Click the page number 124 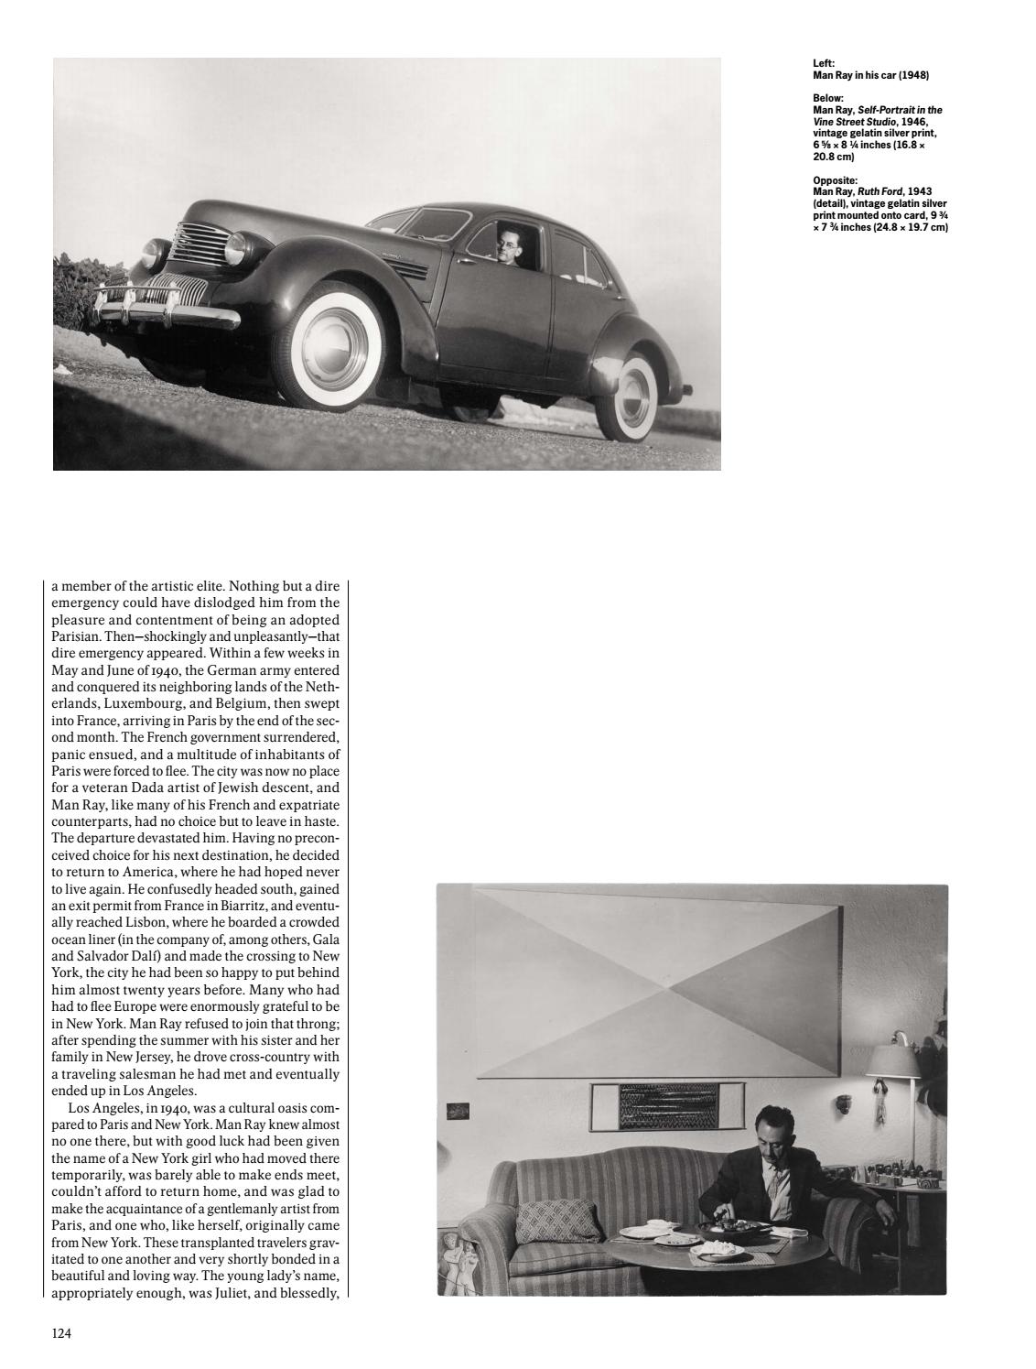(x=61, y=1333)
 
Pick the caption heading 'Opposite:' (x=835, y=180)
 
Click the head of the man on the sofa (x=770, y=1127)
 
